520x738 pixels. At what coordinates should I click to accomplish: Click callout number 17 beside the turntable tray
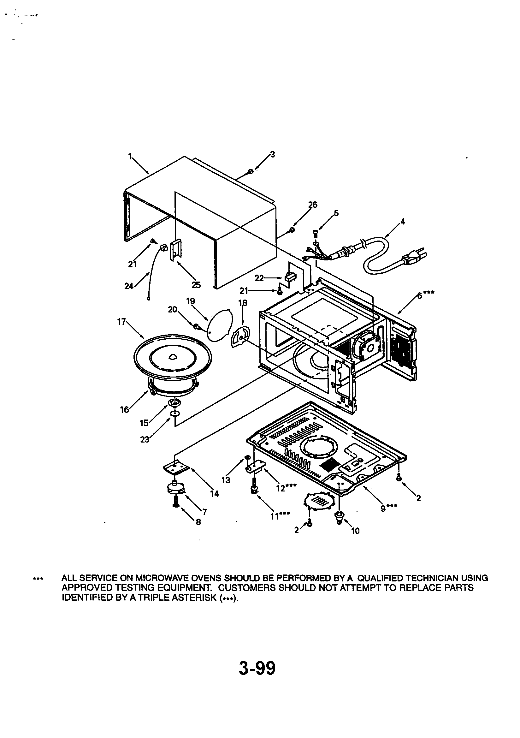click(121, 322)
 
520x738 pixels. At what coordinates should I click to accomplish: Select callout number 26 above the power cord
click(312, 205)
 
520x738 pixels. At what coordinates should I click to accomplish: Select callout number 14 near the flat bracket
click(214, 494)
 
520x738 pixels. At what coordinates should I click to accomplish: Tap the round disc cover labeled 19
click(220, 324)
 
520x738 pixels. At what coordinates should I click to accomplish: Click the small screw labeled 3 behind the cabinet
click(251, 172)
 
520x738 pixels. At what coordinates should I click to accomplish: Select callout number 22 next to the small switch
click(259, 278)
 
